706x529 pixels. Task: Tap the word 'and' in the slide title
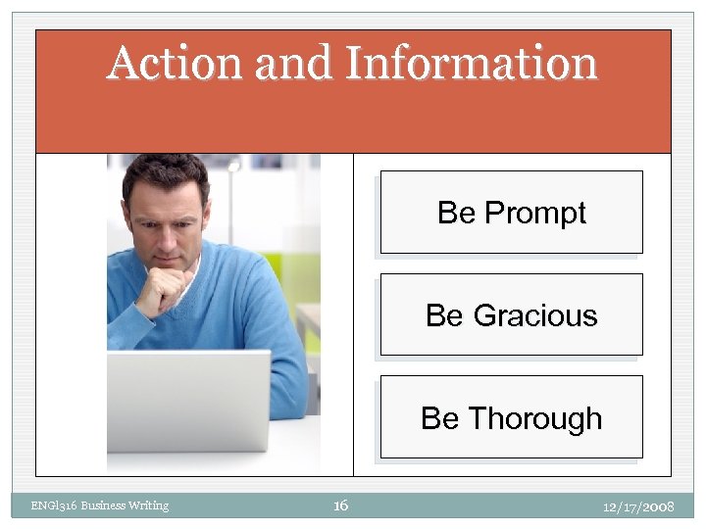tap(293, 64)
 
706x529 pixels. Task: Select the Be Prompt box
tap(511, 213)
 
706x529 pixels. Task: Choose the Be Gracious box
tap(511, 314)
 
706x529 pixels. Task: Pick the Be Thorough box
tap(511, 417)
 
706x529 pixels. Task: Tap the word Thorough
tap(535, 418)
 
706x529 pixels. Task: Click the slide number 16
tap(340, 505)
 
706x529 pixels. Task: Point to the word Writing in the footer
tap(148, 505)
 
